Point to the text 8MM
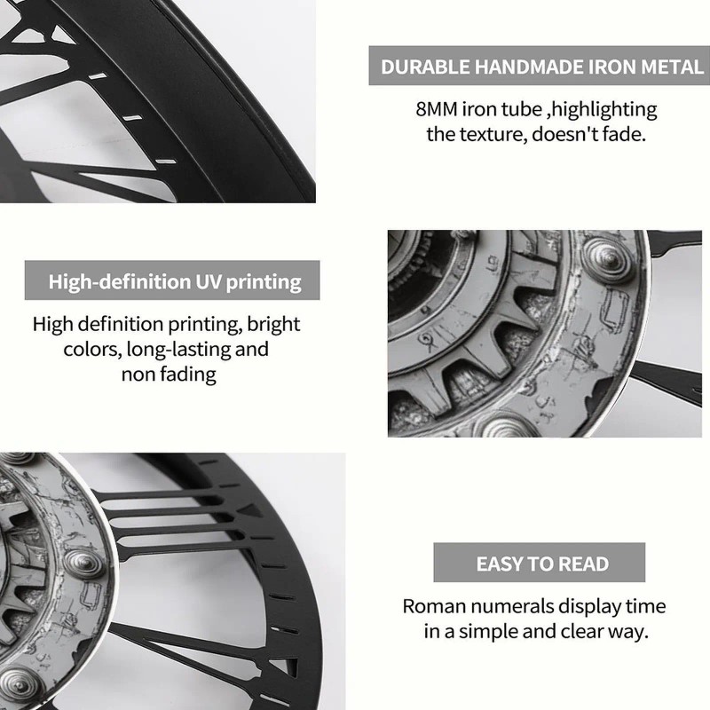[437, 109]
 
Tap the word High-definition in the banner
[120, 281]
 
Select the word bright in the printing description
[273, 325]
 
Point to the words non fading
[169, 375]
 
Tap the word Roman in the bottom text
[433, 606]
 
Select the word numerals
[510, 606]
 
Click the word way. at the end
[627, 632]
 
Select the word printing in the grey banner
[264, 282]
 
